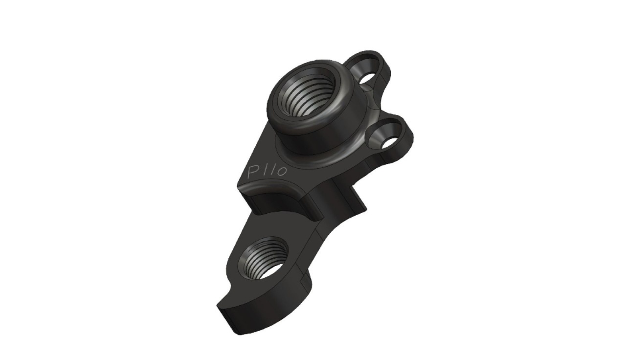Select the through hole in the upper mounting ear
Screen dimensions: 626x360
coord(366,78)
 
